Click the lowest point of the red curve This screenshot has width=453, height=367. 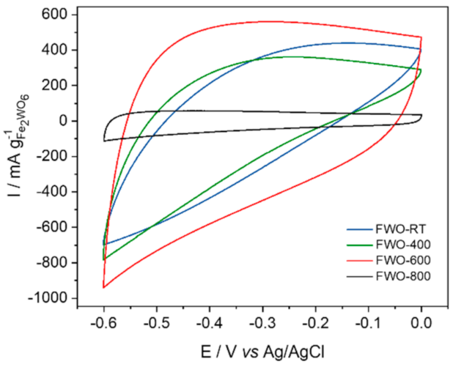tap(104, 287)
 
